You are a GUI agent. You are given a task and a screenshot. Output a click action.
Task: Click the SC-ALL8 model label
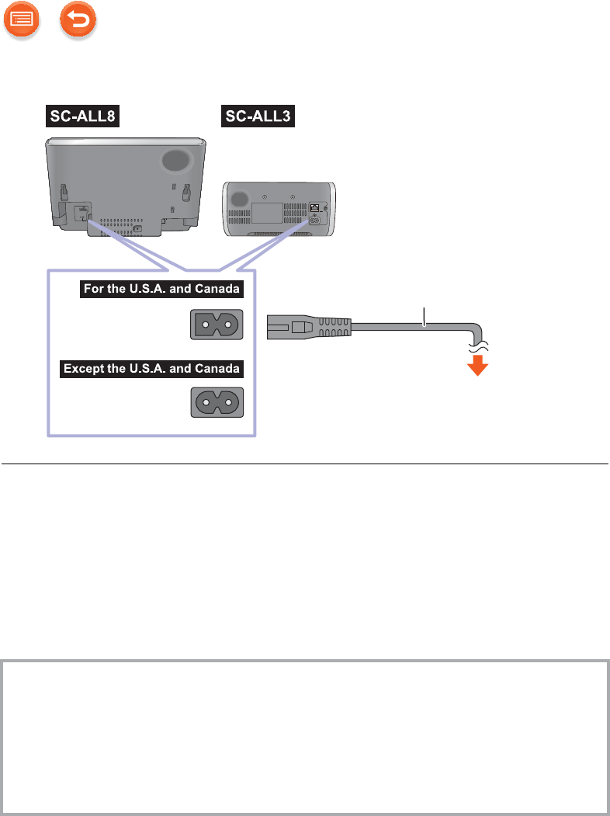(x=82, y=117)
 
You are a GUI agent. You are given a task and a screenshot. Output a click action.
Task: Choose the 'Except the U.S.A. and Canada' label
(x=152, y=367)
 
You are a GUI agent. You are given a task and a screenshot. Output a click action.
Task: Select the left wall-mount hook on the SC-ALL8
(x=62, y=191)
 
